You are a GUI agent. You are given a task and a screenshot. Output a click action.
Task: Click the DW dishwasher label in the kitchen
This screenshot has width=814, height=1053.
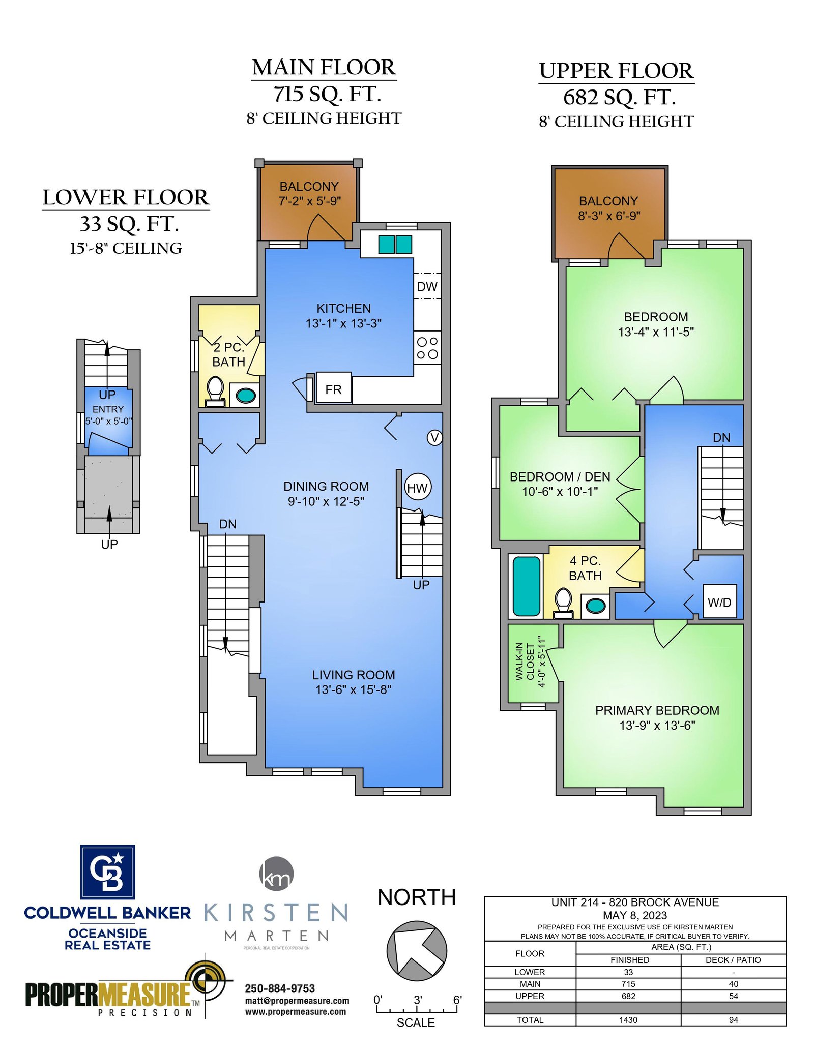pos(427,287)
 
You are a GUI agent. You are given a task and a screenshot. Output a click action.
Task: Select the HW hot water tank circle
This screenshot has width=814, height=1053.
pos(418,488)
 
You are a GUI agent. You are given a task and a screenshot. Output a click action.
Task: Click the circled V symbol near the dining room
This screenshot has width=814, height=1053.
pos(434,438)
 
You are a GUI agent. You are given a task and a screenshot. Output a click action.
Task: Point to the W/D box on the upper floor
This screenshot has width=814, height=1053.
pos(719,601)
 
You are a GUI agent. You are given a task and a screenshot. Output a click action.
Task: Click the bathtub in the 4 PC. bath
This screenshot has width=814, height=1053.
pos(527,586)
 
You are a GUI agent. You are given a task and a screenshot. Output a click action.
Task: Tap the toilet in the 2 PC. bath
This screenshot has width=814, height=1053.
pos(215,392)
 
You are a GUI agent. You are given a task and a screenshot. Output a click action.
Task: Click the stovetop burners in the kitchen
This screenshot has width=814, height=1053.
pos(427,348)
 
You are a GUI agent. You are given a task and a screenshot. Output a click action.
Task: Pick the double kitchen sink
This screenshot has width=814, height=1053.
pos(395,245)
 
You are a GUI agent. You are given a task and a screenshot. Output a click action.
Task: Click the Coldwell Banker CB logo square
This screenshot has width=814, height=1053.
pos(107,872)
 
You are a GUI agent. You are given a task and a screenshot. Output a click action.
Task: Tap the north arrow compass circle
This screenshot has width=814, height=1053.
pos(417,951)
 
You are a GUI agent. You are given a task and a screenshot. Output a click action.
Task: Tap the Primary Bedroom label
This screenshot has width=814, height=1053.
pos(657,710)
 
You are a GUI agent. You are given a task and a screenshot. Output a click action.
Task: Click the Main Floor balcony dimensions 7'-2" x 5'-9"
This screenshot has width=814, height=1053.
pos(310,201)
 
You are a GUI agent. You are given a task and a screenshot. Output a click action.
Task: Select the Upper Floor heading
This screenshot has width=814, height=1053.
pos(617,71)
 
